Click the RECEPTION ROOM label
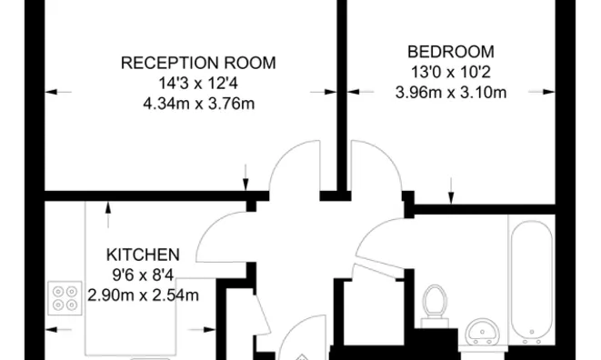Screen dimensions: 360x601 click(198, 63)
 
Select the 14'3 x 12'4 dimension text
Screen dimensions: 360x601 click(198, 83)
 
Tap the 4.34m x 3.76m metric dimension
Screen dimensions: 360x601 click(198, 103)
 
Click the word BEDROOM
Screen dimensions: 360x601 click(451, 51)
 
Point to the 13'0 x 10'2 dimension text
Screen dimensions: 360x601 click(451, 71)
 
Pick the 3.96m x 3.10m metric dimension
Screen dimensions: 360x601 click(451, 91)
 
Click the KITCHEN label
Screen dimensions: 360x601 click(143, 254)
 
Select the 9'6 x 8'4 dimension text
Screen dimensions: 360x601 click(143, 274)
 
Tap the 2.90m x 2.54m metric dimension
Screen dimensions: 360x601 click(143, 294)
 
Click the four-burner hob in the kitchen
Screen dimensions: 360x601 click(65, 299)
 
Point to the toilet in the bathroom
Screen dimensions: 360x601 click(437, 303)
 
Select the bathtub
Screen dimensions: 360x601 click(529, 282)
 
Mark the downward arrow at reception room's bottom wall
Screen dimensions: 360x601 click(246, 182)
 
